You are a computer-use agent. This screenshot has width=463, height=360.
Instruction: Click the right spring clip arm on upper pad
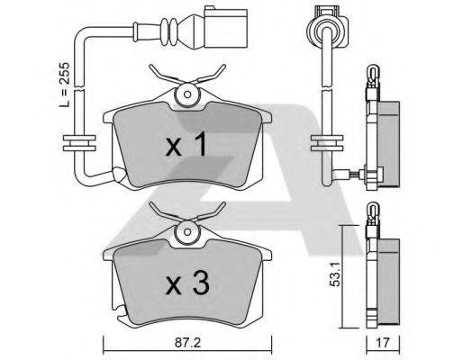coord(213,76)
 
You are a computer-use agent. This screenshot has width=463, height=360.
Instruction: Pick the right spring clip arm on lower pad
coord(213,212)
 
